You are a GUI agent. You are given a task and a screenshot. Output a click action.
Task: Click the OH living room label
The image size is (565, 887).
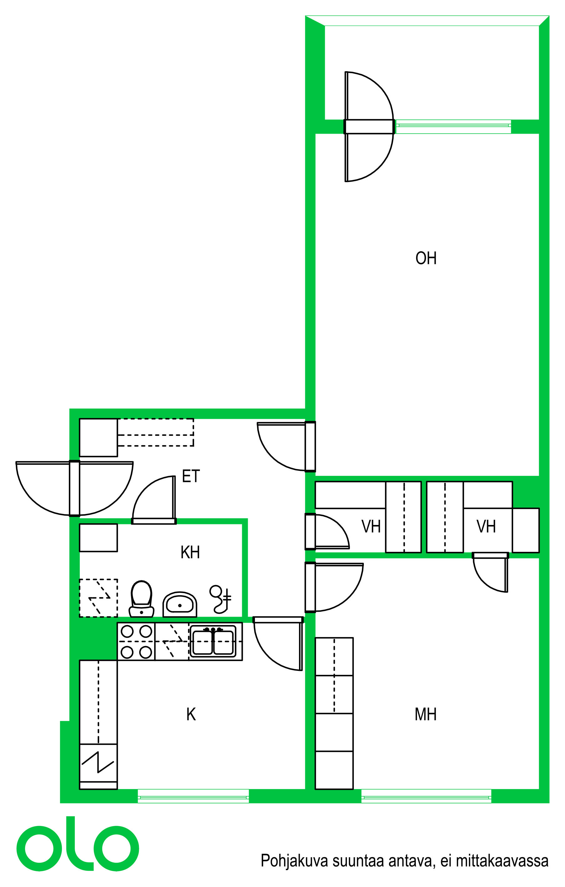[x=426, y=258]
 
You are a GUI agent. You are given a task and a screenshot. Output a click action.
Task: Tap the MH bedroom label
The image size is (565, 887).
[x=425, y=715]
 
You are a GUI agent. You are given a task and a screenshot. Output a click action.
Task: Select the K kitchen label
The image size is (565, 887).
[x=191, y=715]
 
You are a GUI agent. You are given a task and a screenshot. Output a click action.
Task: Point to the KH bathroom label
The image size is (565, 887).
[x=190, y=553]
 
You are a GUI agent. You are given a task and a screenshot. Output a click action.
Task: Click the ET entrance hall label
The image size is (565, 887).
[x=191, y=476]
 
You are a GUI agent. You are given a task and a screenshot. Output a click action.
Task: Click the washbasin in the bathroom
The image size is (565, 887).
[x=180, y=604]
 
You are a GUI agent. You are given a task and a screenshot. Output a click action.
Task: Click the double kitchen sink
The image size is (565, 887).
[x=213, y=642]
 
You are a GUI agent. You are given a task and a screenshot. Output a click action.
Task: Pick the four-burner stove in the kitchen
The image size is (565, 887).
[x=136, y=642]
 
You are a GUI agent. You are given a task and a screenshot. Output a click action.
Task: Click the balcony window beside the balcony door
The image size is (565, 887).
[x=453, y=126]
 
